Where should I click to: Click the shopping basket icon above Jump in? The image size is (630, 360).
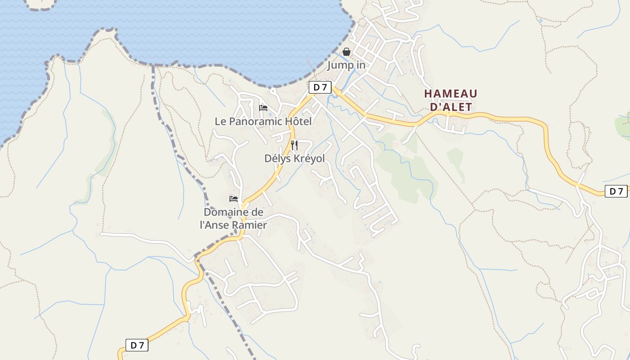tap(346, 52)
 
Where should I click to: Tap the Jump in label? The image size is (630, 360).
tap(346, 65)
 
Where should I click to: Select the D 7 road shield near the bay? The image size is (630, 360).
tap(320, 87)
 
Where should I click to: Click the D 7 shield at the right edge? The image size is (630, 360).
tap(616, 191)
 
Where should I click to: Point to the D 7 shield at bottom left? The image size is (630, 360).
tap(137, 345)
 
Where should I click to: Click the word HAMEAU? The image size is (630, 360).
tap(450, 94)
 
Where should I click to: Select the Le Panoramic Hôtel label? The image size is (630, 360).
tap(263, 121)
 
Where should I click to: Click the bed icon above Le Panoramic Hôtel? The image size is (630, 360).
tap(263, 108)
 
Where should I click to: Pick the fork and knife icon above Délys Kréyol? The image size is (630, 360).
tap(294, 145)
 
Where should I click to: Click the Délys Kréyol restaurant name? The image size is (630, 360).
tap(294, 158)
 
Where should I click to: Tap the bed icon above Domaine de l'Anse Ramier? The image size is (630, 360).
tap(234, 198)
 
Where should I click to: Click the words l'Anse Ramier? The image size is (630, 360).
tap(233, 225)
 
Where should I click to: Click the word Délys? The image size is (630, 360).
tap(276, 158)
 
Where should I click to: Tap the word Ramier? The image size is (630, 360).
tap(251, 225)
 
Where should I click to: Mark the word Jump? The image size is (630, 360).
tap(338, 65)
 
